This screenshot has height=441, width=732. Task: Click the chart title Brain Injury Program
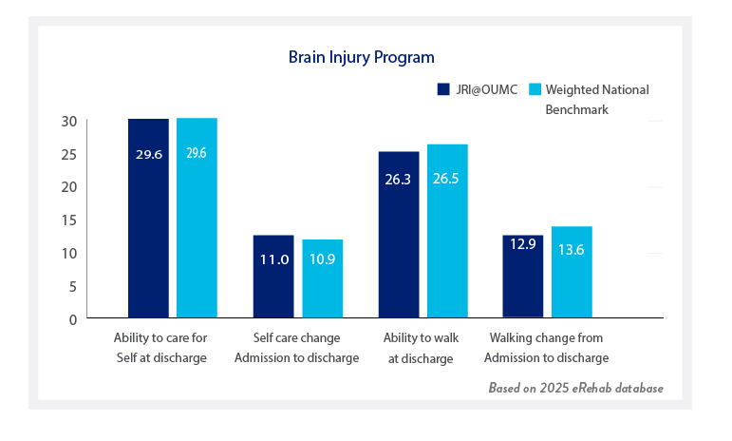(x=362, y=57)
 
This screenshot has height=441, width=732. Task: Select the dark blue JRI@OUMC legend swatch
(x=442, y=89)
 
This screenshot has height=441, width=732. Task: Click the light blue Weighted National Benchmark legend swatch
(x=535, y=89)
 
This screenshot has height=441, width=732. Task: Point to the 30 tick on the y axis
(x=67, y=121)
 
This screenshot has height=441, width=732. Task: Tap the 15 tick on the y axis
(x=67, y=220)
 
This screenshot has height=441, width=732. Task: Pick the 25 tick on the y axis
(x=67, y=154)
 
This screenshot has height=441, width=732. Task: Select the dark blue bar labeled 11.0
(x=273, y=276)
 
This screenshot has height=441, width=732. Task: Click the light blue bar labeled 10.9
(x=323, y=278)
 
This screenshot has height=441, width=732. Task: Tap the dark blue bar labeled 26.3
(x=399, y=234)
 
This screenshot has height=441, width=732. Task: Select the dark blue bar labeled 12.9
(x=522, y=276)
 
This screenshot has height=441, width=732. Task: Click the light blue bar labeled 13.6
(x=572, y=271)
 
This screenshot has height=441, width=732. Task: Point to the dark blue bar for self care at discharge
(x=148, y=218)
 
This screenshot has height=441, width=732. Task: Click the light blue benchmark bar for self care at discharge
(x=197, y=218)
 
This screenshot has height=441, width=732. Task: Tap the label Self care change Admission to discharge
(x=296, y=348)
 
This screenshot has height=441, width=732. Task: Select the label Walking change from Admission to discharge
(x=546, y=348)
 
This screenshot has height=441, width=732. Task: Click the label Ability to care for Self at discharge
(x=160, y=348)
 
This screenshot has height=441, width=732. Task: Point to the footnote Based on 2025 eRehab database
(x=575, y=389)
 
